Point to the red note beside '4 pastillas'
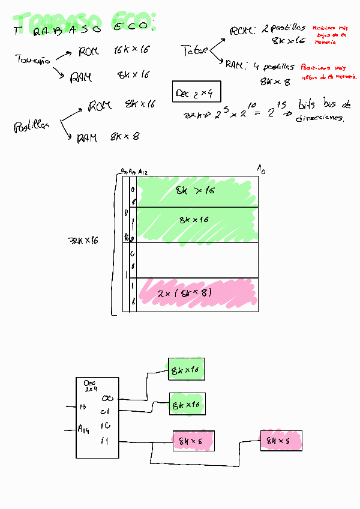[329, 73]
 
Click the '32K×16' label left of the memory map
[83, 240]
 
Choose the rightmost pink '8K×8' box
[281, 441]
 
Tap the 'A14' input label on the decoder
[83, 429]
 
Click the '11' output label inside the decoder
[105, 442]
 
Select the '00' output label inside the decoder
[107, 398]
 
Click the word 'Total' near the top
[194, 52]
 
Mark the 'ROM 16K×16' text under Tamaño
[114, 52]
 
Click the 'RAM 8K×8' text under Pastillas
[108, 137]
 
